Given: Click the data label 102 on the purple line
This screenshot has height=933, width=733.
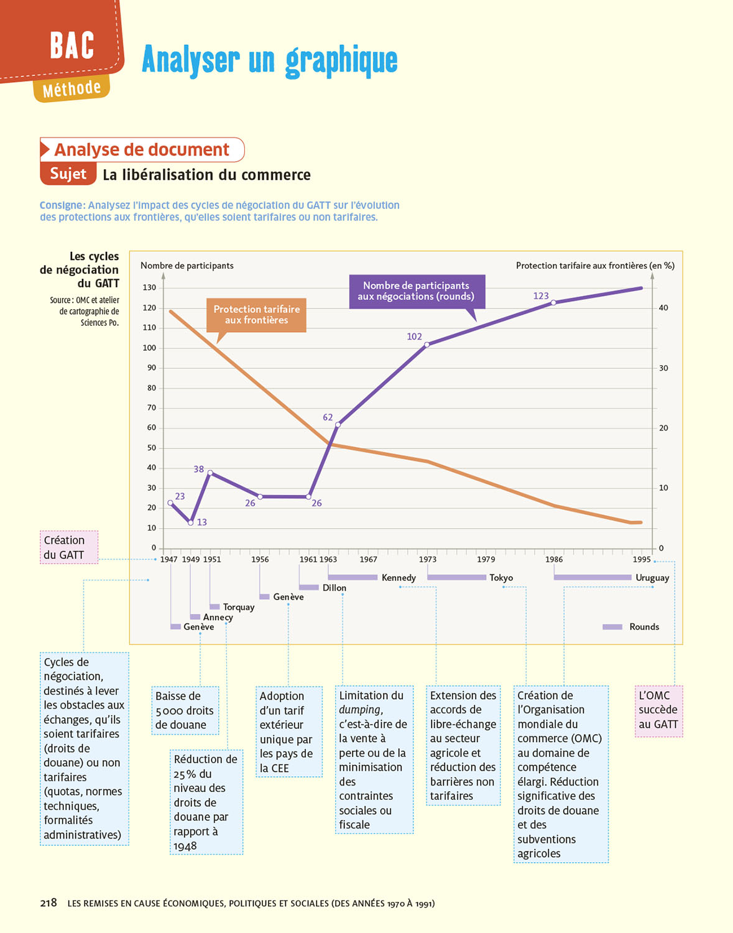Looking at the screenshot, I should tap(414, 337).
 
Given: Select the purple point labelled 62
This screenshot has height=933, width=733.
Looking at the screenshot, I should tap(338, 425).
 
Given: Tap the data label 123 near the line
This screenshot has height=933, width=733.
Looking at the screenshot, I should tap(541, 296).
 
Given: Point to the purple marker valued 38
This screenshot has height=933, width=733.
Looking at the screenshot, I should tap(210, 473).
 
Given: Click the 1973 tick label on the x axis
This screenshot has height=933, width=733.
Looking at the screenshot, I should tap(427, 559).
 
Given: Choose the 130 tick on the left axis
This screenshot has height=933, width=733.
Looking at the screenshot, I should tap(149, 287).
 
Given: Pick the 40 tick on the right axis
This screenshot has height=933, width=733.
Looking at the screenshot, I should tap(663, 308).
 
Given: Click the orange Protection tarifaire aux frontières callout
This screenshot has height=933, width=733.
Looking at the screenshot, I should tap(256, 315).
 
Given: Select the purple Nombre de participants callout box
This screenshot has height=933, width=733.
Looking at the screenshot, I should tap(416, 291).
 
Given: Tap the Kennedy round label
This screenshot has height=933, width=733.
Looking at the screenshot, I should tap(399, 578).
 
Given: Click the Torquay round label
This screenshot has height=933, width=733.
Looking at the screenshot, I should tap(239, 607).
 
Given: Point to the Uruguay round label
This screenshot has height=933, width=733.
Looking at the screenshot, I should tap(652, 578).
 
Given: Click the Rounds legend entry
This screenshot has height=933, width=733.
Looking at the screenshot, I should tap(643, 627).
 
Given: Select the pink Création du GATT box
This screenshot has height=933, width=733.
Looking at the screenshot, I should tap(68, 547).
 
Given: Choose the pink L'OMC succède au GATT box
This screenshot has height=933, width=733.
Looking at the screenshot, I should tap(658, 710).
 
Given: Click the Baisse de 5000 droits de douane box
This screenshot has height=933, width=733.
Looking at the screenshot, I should tap(185, 710).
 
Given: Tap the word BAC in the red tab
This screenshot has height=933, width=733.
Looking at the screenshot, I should tap(72, 45).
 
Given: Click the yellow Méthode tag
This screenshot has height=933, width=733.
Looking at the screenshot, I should tap(71, 90).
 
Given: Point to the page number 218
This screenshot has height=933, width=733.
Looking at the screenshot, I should tap(48, 903).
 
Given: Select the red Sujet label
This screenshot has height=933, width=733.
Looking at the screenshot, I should tap(68, 174).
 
